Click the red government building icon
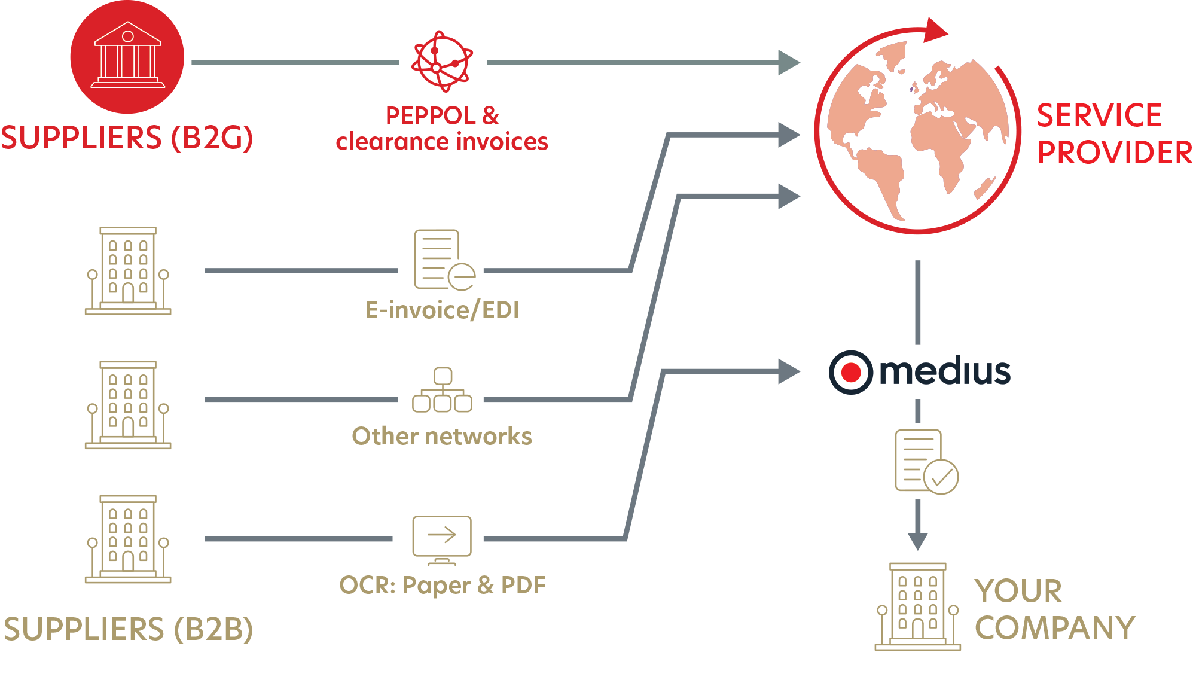click(x=127, y=57)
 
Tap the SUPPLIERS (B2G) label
click(x=127, y=138)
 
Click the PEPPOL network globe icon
click(x=443, y=61)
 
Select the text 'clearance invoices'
click(x=442, y=142)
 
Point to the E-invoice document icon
click(x=443, y=260)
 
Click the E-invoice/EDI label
click(x=442, y=310)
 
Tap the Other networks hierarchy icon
click(x=442, y=390)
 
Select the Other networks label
click(x=442, y=437)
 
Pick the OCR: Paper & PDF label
click(x=442, y=585)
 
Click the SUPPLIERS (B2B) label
click(x=128, y=629)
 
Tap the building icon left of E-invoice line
click(x=127, y=271)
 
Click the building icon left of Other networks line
click(x=127, y=405)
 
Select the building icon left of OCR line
click(x=127, y=539)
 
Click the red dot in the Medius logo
click(x=850, y=373)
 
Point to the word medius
click(x=944, y=371)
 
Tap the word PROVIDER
click(x=1114, y=153)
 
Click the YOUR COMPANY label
click(x=1054, y=609)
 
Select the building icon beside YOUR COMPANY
click(x=917, y=606)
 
